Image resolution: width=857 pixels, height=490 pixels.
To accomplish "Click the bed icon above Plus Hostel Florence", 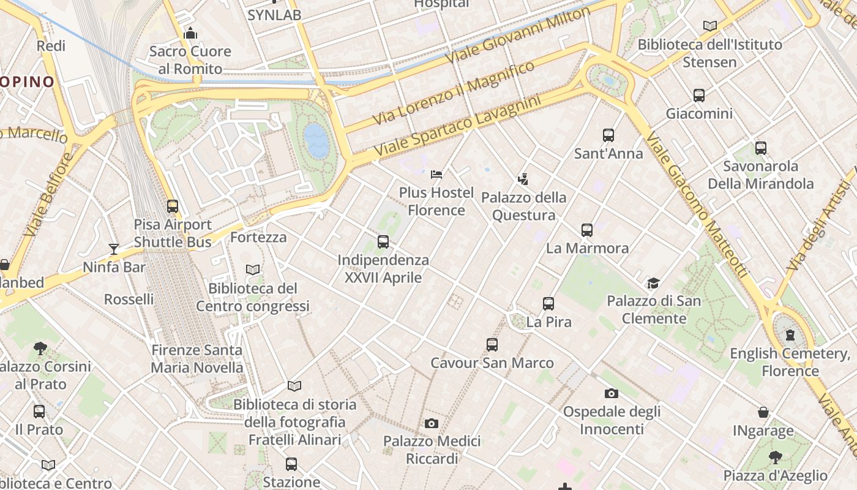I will pos(436,175).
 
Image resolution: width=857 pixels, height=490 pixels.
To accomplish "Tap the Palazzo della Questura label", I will pos(524,206).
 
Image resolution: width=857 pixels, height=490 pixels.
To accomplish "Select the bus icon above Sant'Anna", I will pos(608,135).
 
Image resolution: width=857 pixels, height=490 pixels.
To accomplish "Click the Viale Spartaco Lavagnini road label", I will pos(458,125).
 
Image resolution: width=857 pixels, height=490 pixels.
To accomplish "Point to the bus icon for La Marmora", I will pos(587,230).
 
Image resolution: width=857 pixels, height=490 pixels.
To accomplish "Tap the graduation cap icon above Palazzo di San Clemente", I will pos(654,283).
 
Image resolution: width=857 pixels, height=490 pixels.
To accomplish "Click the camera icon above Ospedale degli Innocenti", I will pos(611,393).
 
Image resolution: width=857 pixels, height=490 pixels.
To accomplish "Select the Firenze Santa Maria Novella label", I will pos(197,359).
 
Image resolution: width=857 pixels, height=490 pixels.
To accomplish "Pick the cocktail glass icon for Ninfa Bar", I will pos(114,249).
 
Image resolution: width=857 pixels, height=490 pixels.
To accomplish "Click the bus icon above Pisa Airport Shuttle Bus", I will pos(173,206).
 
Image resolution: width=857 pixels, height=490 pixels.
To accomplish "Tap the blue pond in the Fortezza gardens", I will pos(316,140).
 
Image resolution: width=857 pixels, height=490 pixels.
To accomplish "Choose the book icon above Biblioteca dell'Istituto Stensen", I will pos(710,26).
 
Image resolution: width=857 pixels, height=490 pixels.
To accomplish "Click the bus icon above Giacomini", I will pos(699,96).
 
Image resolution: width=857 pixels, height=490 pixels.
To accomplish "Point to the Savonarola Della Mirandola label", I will pos(760,175).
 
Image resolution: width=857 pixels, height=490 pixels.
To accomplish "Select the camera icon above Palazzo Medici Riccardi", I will pos(432,423).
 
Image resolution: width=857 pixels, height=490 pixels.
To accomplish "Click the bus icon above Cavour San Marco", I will pos(492,345).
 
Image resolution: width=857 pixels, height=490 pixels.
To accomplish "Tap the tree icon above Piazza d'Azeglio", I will pos(776,457).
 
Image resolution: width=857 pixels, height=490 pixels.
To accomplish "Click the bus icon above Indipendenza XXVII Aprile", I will pos(383,242).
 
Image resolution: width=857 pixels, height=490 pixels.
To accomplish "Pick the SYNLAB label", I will pos(274,15).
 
